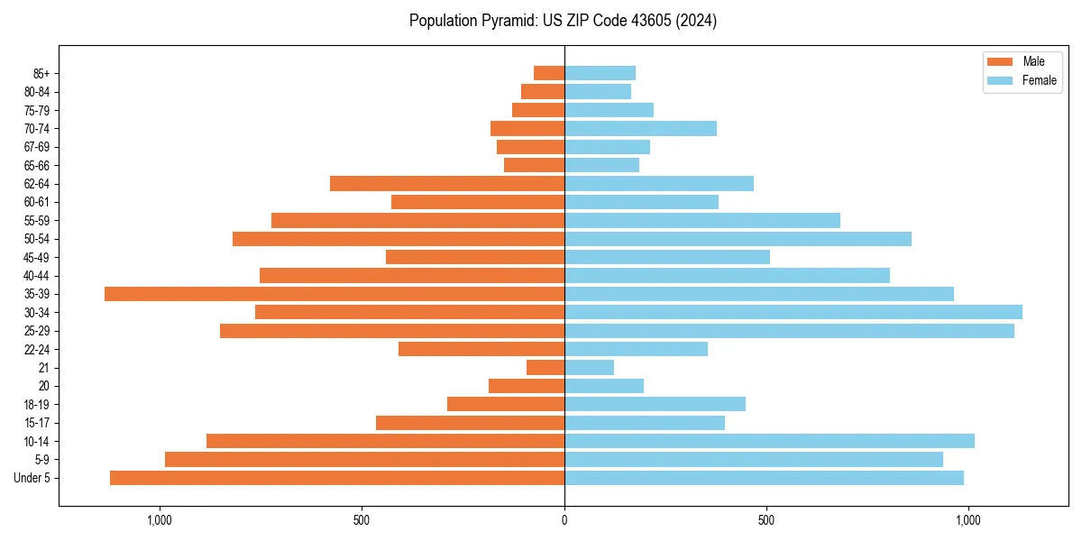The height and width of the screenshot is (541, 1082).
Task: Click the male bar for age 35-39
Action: pos(334,294)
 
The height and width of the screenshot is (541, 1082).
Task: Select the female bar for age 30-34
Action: pos(793,312)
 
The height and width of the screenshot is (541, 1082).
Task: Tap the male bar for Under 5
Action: pos(337,478)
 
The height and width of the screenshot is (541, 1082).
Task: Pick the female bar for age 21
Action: pos(589,368)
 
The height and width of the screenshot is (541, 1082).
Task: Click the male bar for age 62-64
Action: pos(447,184)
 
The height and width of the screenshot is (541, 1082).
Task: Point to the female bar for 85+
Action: pos(600,73)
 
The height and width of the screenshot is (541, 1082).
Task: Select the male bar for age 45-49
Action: pos(475,257)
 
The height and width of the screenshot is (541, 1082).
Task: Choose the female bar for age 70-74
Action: pos(640,129)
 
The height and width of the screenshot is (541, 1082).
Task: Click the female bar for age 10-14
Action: pos(769,441)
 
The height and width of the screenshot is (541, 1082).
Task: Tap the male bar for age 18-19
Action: pos(506,404)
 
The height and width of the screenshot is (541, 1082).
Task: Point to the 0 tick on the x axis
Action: pos(564,520)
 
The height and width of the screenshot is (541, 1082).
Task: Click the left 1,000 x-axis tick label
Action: pos(160,520)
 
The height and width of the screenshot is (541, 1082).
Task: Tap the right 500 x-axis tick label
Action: pos(766,520)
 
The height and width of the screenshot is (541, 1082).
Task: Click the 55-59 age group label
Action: pos(37,221)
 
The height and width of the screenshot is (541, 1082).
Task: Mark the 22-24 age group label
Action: pos(37,350)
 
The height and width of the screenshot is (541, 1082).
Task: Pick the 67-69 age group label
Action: pos(37,147)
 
